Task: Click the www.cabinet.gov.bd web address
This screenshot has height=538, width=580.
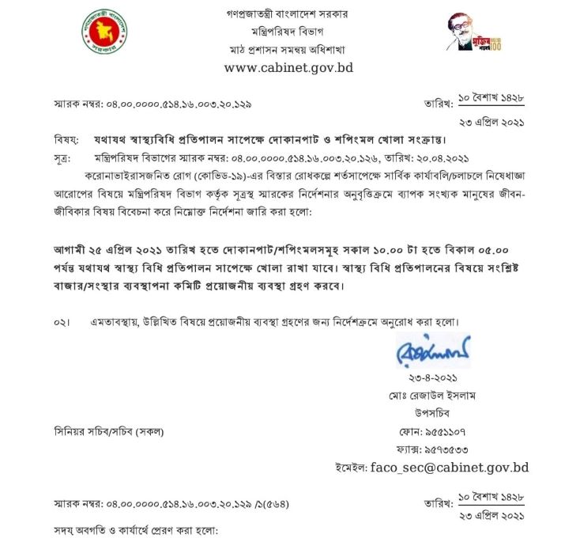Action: [x=288, y=67]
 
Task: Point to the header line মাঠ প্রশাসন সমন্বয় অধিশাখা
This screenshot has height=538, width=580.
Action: [x=288, y=49]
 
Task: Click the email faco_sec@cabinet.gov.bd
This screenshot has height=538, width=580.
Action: [x=450, y=468]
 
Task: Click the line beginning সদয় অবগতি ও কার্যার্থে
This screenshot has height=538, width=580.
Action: [x=134, y=528]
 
